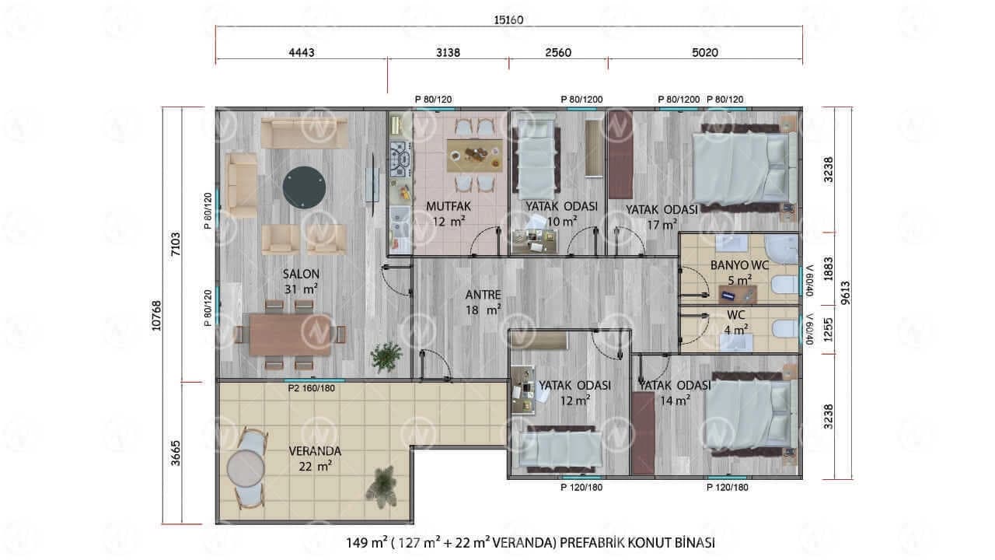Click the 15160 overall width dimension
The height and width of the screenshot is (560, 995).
click(x=508, y=20)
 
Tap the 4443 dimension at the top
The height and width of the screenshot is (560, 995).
click(x=302, y=53)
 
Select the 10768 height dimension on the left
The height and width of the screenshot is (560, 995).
click(x=156, y=316)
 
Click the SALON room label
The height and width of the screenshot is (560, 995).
click(x=301, y=274)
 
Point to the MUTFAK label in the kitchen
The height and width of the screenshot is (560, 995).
click(x=449, y=206)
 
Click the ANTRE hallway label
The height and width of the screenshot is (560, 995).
click(x=484, y=295)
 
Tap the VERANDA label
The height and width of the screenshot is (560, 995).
click(x=315, y=451)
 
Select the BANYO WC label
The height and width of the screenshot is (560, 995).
click(x=739, y=265)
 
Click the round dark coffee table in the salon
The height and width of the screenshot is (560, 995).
click(x=304, y=187)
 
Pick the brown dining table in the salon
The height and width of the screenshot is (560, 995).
click(x=290, y=335)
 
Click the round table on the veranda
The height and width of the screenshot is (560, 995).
click(x=246, y=468)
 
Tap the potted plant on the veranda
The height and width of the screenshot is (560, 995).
click(x=381, y=486)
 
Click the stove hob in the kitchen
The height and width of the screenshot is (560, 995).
click(x=400, y=159)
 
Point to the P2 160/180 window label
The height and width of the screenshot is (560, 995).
click(x=312, y=388)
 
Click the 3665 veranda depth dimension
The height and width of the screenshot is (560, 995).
click(x=176, y=453)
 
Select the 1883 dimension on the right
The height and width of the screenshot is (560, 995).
click(x=828, y=268)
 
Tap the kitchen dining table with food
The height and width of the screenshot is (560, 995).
click(x=475, y=156)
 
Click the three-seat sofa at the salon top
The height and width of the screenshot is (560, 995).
click(x=304, y=132)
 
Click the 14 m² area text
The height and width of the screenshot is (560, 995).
click(x=676, y=401)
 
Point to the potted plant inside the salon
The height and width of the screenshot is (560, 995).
click(x=386, y=356)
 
